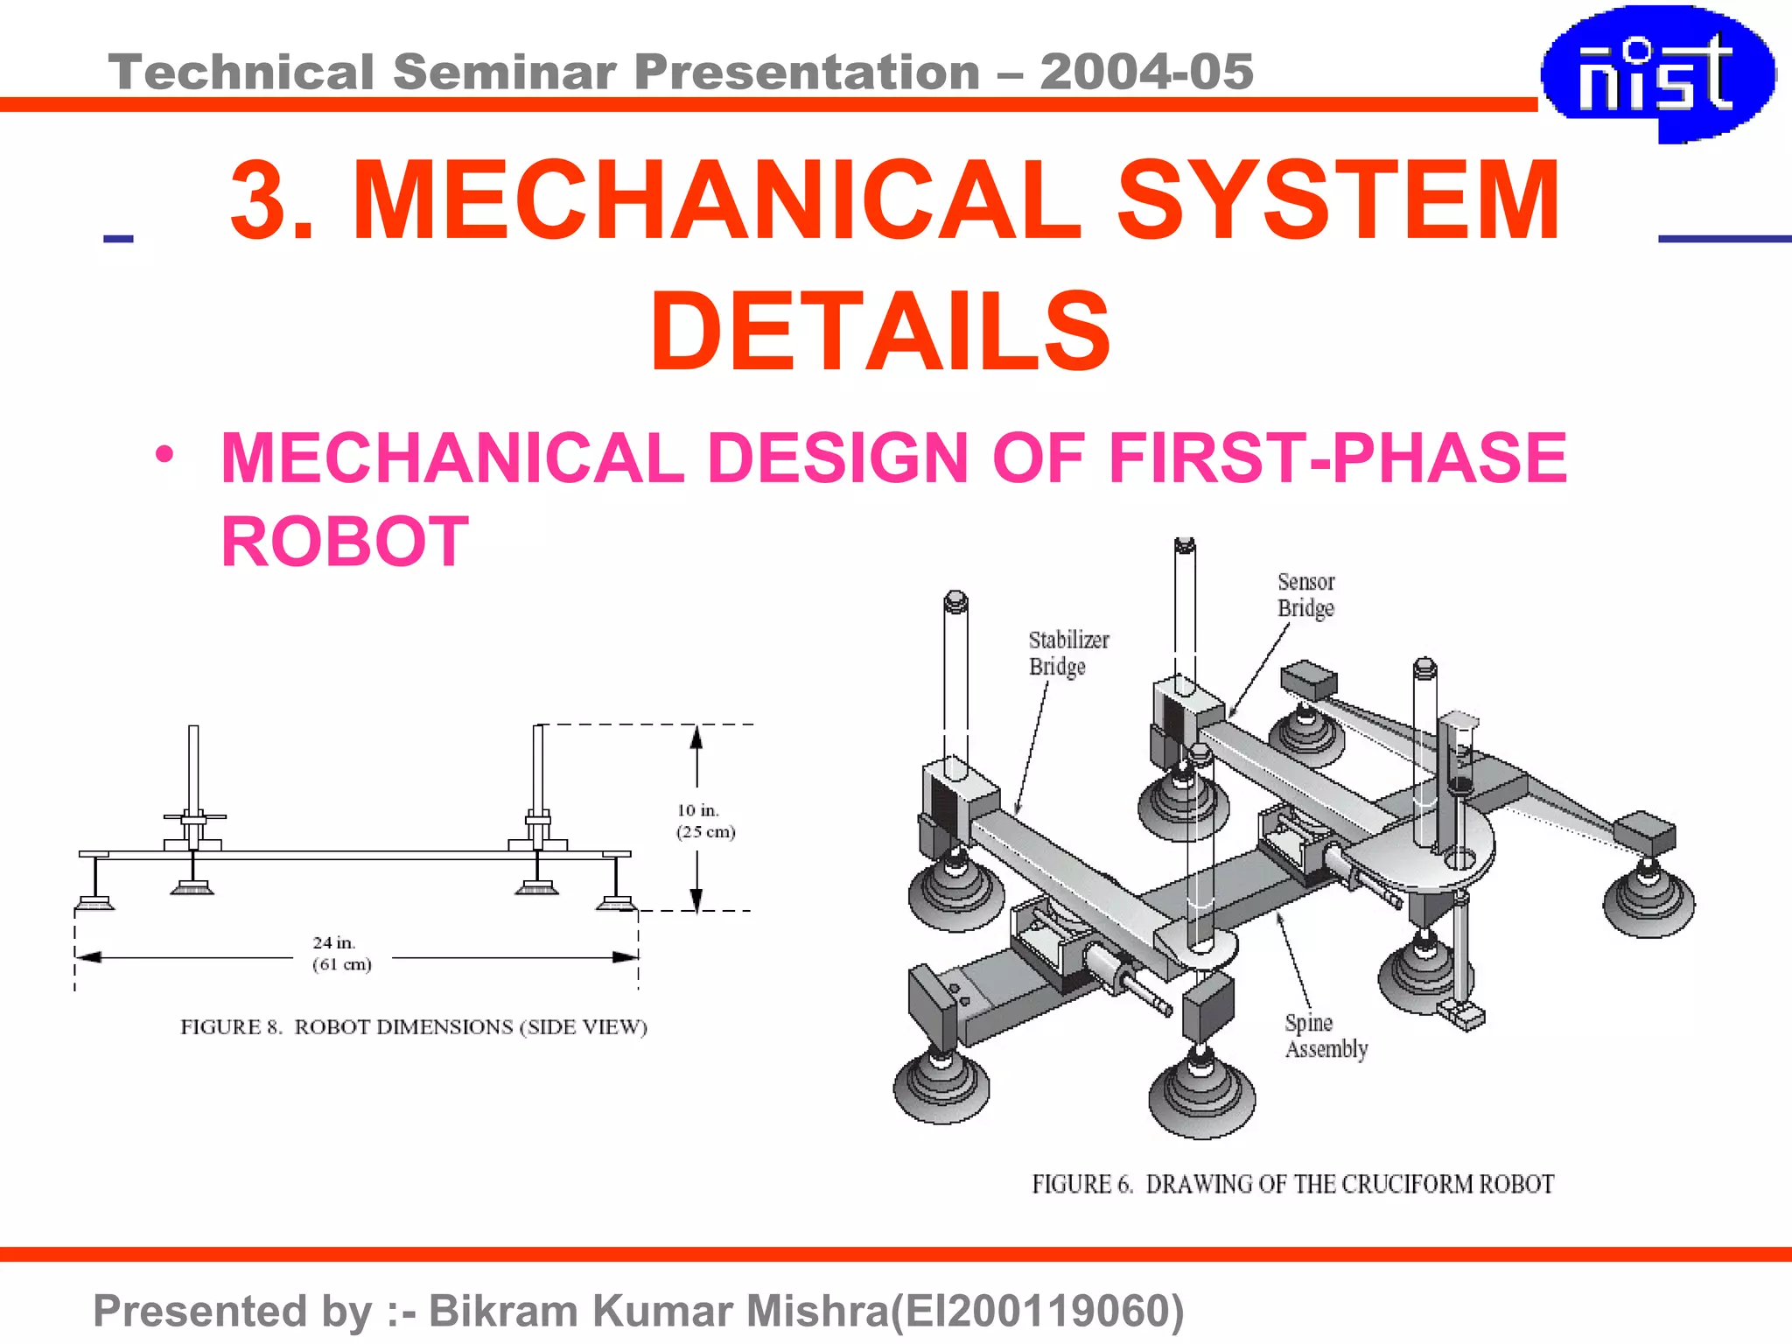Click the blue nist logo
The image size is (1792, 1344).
(1657, 73)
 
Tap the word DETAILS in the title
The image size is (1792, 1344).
(880, 332)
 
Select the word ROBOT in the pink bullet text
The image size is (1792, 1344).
(345, 542)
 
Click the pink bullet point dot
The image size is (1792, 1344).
(164, 455)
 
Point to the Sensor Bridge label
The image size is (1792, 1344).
(1305, 595)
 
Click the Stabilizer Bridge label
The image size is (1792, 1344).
(1067, 653)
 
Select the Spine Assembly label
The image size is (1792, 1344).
(1325, 1036)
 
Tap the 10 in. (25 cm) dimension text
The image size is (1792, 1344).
(705, 821)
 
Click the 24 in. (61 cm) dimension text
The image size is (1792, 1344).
(341, 954)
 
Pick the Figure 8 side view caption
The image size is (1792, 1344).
(414, 1027)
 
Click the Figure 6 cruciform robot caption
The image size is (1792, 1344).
(1292, 1184)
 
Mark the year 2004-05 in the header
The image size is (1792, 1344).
(1146, 72)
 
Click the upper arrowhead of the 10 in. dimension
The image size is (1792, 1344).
(696, 737)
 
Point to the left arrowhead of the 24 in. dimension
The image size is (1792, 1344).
(88, 957)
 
